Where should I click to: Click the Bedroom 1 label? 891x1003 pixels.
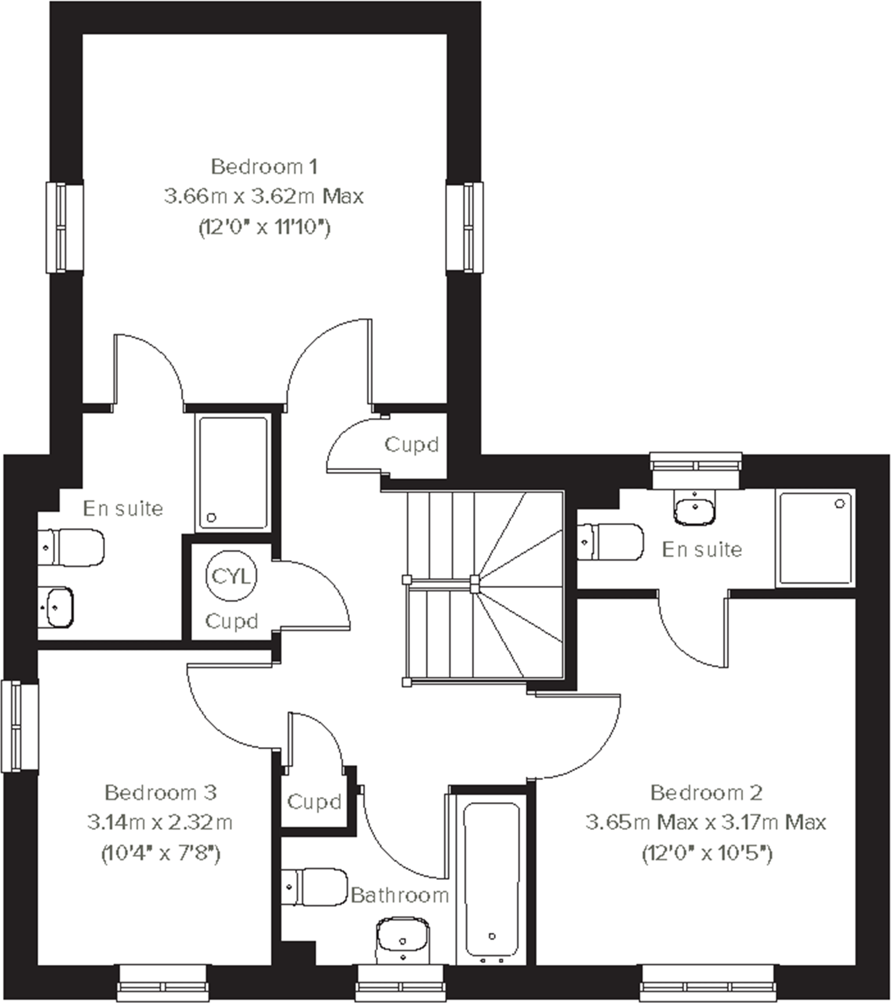coord(264,167)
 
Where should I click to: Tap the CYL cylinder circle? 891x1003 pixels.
coord(231,576)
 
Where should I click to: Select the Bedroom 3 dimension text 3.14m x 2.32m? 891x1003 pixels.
coord(160,822)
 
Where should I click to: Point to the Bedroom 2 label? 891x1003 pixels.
coord(706,792)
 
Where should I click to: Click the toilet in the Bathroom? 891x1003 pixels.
coord(314,887)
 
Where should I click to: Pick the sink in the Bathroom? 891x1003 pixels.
coord(403,937)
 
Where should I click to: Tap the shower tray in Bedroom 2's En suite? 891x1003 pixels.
coord(815,537)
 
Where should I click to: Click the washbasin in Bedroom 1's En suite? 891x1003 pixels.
coord(57,607)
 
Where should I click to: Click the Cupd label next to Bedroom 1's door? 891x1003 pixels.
coord(411,445)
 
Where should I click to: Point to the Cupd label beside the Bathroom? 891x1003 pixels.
coord(314,802)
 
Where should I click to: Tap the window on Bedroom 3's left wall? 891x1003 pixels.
coord(19,727)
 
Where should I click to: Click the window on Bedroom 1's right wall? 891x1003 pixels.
coord(465,227)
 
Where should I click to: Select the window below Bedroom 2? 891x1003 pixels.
coord(707,982)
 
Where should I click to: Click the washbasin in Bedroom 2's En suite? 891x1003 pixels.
coord(695,507)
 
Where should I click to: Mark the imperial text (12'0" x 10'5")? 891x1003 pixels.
coord(707,854)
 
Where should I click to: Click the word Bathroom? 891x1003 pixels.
coord(400,895)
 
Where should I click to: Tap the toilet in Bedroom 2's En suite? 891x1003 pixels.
coord(610,542)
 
